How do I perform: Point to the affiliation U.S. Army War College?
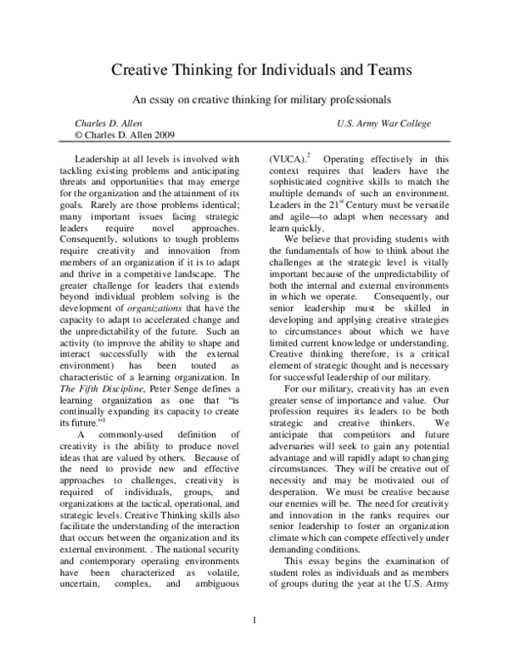(x=383, y=123)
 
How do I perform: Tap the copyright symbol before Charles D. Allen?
(x=79, y=134)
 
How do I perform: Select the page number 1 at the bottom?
(x=255, y=629)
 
